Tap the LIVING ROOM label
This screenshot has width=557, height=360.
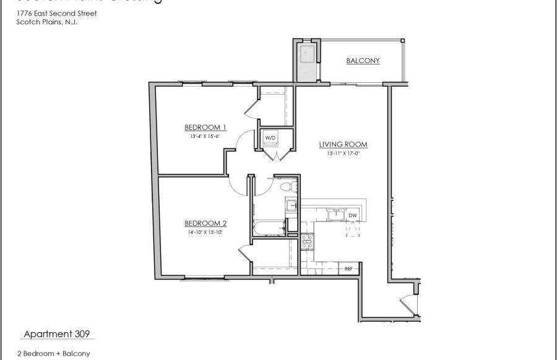point(343,145)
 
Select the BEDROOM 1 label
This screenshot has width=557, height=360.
point(205,128)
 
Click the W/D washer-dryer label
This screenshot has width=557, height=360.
point(270,137)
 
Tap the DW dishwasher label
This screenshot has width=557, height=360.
point(353,215)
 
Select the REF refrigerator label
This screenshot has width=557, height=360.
point(348,268)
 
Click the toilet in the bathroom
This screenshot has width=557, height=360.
point(286,186)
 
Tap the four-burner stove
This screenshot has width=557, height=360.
point(306,243)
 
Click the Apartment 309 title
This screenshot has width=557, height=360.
point(56,334)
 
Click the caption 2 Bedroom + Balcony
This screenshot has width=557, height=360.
point(54,354)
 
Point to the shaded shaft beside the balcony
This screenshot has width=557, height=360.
point(307,61)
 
